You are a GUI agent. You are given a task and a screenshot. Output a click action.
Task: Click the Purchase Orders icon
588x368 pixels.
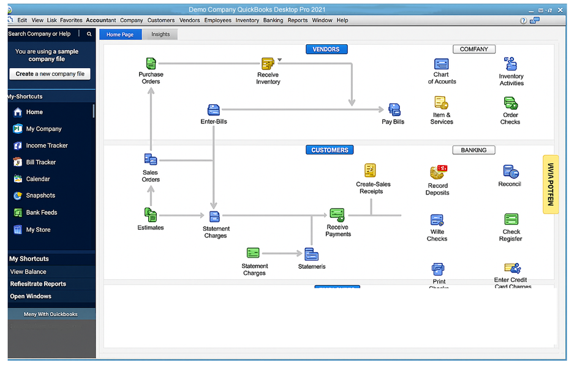click(x=151, y=63)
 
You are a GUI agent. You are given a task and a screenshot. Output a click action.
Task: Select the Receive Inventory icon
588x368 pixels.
click(x=268, y=64)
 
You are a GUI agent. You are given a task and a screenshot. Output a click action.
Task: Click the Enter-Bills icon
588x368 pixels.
click(x=213, y=110)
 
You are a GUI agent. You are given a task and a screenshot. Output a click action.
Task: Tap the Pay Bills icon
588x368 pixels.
click(x=394, y=110)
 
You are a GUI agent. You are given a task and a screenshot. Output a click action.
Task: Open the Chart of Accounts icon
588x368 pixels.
click(x=441, y=64)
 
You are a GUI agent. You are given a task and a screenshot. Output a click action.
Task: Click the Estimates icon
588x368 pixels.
click(x=151, y=215)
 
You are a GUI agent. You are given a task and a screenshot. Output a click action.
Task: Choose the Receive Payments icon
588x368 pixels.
click(x=337, y=215)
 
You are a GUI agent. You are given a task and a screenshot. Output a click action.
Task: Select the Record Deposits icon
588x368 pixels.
click(x=438, y=172)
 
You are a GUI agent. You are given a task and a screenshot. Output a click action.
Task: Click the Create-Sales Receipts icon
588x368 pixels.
click(x=370, y=170)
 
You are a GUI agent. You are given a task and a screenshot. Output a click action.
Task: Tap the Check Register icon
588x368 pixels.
click(x=511, y=220)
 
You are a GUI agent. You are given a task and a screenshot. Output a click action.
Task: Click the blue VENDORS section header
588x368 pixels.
click(x=326, y=49)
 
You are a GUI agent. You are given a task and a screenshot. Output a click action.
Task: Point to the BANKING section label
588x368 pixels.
click(x=473, y=150)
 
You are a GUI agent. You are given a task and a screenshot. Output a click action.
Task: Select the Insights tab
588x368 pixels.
click(x=160, y=34)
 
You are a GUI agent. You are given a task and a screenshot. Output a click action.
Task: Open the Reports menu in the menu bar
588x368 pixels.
click(x=298, y=20)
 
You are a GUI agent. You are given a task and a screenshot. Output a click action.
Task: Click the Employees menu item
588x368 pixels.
click(x=218, y=20)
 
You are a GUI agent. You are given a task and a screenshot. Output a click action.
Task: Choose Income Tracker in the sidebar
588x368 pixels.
click(x=47, y=145)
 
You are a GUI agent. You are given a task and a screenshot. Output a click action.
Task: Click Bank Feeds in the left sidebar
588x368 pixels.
click(x=41, y=212)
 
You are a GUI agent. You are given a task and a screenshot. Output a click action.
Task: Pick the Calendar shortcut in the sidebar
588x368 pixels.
click(x=38, y=179)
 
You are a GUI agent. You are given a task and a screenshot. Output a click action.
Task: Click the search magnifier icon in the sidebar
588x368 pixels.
click(x=89, y=34)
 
